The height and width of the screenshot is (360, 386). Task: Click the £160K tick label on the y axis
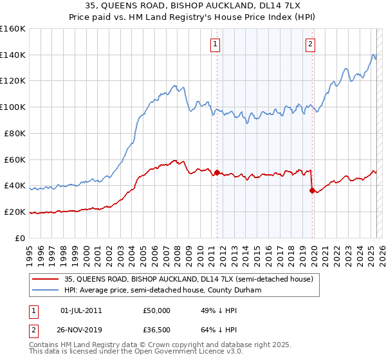coord(13,29)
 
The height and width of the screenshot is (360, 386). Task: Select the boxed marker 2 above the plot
coord(310,44)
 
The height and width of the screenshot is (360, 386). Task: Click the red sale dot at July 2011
coord(217,172)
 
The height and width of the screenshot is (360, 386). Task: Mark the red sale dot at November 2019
coord(312,190)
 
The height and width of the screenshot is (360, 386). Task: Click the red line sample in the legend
coord(46,279)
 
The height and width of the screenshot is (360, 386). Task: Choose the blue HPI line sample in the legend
coord(46,291)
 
